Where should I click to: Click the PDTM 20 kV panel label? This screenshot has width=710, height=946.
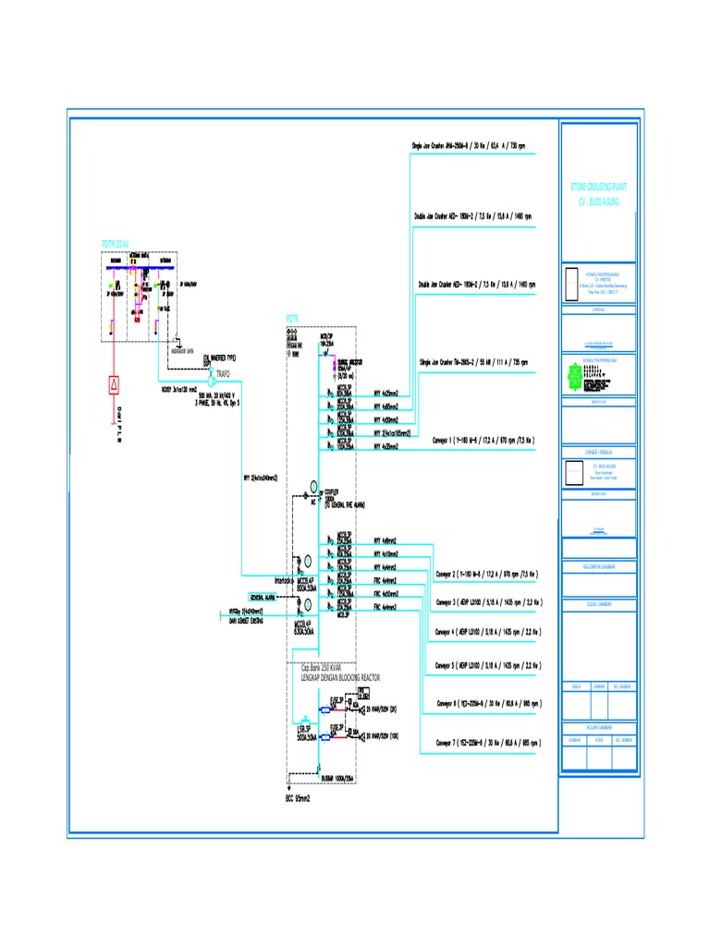[x=116, y=244]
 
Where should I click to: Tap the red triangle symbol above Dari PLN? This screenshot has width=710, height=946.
[x=114, y=383]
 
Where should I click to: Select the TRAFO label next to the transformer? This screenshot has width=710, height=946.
[x=223, y=373]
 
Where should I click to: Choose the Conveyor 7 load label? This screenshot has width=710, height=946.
[x=486, y=743]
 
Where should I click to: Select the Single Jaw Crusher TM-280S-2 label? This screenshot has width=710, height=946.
[x=473, y=362]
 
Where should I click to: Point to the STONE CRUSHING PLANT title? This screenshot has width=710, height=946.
[x=598, y=187]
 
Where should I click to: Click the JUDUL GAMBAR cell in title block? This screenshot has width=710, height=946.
[x=599, y=602]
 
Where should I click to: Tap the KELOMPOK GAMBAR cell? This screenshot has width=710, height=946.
[x=599, y=565]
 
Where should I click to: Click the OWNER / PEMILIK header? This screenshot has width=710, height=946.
[x=599, y=452]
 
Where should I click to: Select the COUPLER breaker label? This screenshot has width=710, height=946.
[x=330, y=491]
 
